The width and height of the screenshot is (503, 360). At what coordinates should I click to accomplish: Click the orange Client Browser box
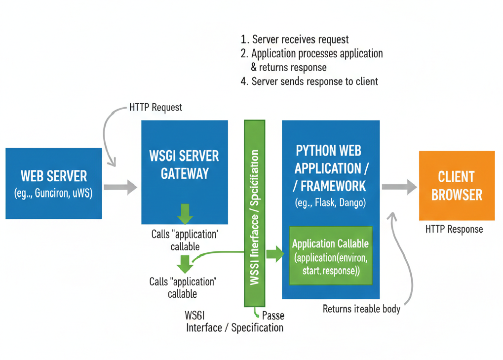457,186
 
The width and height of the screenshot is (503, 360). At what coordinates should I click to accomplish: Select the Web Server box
53,183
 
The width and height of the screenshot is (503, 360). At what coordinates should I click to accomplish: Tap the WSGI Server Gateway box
184,172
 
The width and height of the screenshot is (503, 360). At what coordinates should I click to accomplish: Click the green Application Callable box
330,255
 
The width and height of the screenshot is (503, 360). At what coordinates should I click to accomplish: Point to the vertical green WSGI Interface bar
254,212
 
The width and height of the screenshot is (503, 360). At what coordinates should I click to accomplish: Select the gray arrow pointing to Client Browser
399,187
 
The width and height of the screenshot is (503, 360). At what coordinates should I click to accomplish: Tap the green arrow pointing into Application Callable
275,254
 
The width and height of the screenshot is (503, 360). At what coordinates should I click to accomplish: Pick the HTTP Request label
155,107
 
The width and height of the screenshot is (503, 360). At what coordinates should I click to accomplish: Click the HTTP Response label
454,230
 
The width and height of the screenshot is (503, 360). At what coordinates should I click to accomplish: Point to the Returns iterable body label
361,309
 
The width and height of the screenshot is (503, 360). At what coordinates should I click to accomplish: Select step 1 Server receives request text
295,40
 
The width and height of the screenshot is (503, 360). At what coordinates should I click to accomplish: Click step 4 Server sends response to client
310,81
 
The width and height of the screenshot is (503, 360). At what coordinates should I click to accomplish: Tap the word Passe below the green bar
272,316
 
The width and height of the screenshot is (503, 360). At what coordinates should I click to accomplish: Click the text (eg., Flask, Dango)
330,202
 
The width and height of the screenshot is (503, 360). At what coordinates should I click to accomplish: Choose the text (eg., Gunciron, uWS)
53,193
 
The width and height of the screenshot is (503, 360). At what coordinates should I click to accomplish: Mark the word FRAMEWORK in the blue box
333,186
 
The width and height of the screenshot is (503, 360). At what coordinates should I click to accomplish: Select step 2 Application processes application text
311,53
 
